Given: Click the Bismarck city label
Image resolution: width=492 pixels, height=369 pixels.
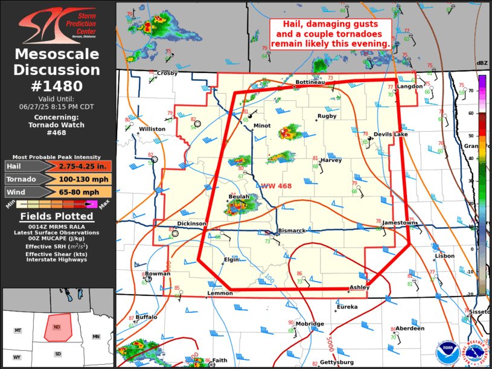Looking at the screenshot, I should coord(292,231).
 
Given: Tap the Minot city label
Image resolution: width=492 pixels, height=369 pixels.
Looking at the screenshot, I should coord(262,126).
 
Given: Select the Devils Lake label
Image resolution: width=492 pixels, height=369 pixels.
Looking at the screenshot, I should coord(391,134).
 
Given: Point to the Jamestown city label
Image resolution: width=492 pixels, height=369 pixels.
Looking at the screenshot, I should coord(399,223).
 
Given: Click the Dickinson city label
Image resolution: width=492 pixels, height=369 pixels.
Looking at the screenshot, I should coord(191,223).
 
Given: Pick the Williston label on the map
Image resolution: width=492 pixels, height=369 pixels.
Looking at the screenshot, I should coord(152,129).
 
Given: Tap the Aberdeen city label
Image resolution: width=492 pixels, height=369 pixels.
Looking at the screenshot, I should coord(410,329).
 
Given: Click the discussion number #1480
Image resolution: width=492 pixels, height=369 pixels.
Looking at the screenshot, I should coord(57,86).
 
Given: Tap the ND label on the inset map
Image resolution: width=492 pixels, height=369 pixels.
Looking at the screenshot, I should coord(57,327).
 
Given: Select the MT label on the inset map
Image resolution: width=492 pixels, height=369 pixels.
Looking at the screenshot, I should coord(18,330).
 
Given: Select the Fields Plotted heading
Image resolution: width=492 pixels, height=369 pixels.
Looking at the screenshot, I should coord(57,216).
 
